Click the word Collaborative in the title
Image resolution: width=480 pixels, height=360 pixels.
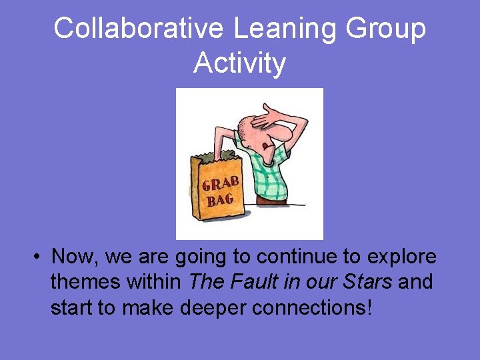139,29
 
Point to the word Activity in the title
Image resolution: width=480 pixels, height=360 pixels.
240,63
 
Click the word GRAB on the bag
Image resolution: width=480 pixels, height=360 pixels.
221,182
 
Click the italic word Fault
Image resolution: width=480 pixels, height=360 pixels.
257,282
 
